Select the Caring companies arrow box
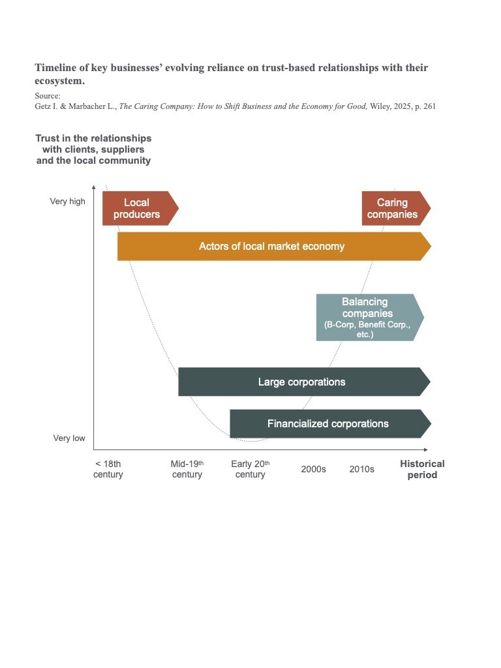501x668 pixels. pos(394,208)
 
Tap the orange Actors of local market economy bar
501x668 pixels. pos(273,246)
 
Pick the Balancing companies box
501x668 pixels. pos(367,317)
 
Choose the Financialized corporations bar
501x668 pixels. pos(328,423)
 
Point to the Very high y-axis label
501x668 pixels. pos(68,202)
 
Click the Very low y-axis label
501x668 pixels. pos(69,438)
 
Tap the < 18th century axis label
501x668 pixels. pos(108,469)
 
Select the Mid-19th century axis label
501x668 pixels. pos(187,469)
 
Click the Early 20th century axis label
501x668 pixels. pos(250,469)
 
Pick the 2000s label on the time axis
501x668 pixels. pos(313,469)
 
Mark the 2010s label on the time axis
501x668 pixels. pos(361,469)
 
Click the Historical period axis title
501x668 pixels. pos(422,469)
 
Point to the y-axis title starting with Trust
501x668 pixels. pos(93,149)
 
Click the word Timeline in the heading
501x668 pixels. pos(57,68)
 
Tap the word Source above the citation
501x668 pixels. pos(47,95)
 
